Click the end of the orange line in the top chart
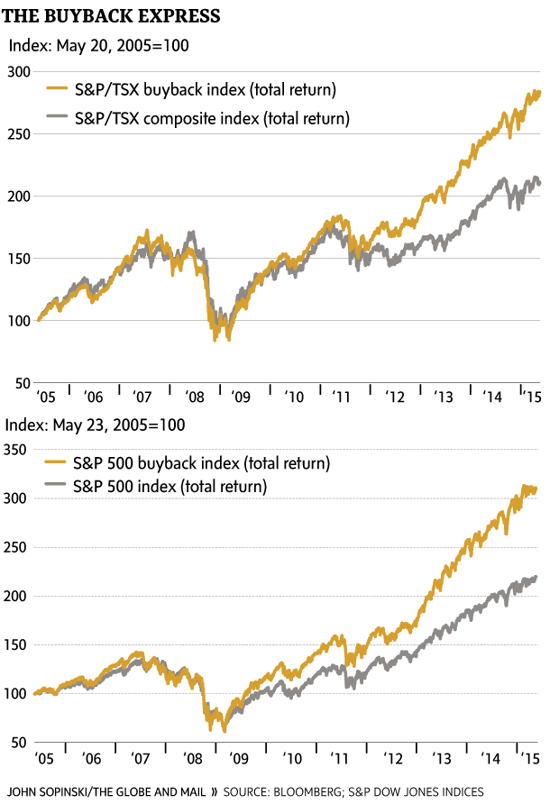tap(539, 91)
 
